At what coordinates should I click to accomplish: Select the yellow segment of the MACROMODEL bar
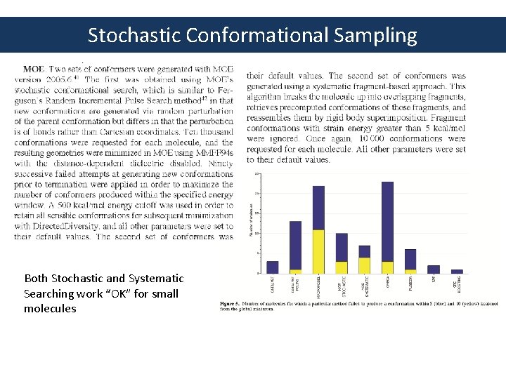tap(318, 251)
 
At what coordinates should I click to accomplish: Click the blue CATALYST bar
tap(273, 267)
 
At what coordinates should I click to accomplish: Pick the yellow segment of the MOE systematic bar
tap(364, 265)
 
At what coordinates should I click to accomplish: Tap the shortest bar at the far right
tap(457, 271)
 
